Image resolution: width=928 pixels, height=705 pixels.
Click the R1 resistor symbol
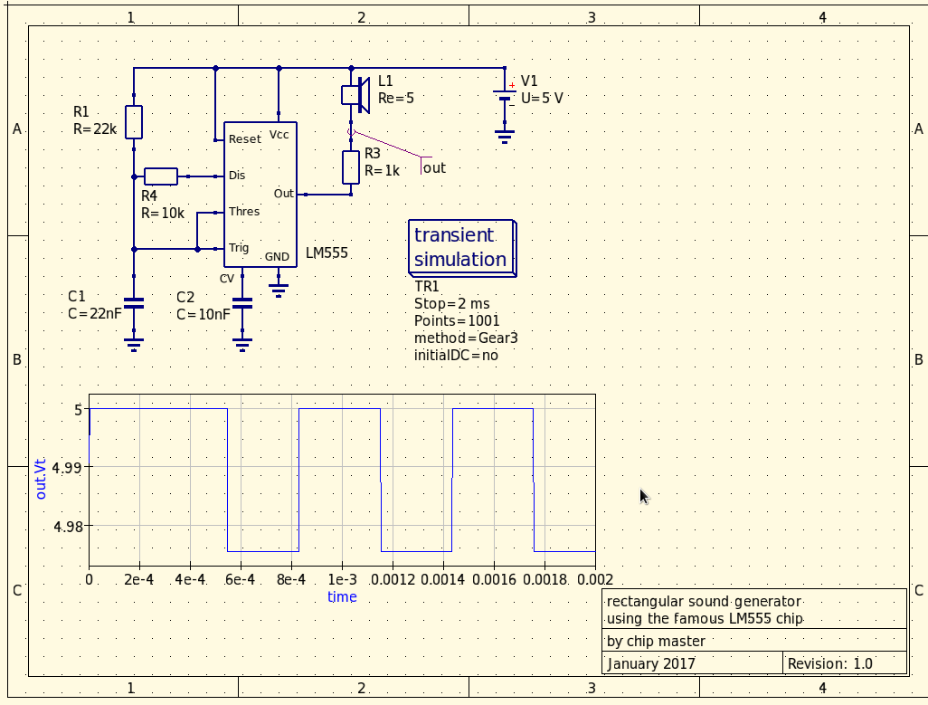coord(134,122)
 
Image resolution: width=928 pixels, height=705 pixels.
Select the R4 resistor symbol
coord(161,176)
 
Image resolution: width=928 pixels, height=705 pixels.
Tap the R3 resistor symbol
coord(351,167)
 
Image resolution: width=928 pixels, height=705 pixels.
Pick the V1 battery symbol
coord(504,98)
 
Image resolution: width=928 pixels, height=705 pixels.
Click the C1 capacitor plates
coord(134,303)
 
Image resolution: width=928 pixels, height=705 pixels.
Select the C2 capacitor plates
coord(242,303)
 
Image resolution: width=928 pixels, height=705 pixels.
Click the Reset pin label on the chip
coord(244,139)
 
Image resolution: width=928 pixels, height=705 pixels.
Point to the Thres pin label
coord(244,212)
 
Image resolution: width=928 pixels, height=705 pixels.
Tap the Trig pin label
coord(239,247)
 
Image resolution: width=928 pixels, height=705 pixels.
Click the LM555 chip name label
coord(327,252)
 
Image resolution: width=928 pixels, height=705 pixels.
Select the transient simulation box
coord(462,248)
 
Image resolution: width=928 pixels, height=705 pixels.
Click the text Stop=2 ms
coord(451,304)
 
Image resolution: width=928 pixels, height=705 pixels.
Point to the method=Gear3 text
coord(466,338)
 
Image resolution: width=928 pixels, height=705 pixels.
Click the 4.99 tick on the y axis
coord(67,468)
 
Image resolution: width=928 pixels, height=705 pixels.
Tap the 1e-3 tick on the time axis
coord(342,579)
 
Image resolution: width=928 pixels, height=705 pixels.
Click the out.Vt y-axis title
coord(40,478)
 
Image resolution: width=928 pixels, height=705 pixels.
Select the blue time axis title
coord(342,596)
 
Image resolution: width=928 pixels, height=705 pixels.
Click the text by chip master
coord(656,641)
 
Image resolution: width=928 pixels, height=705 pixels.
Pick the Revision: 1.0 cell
coord(844,663)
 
